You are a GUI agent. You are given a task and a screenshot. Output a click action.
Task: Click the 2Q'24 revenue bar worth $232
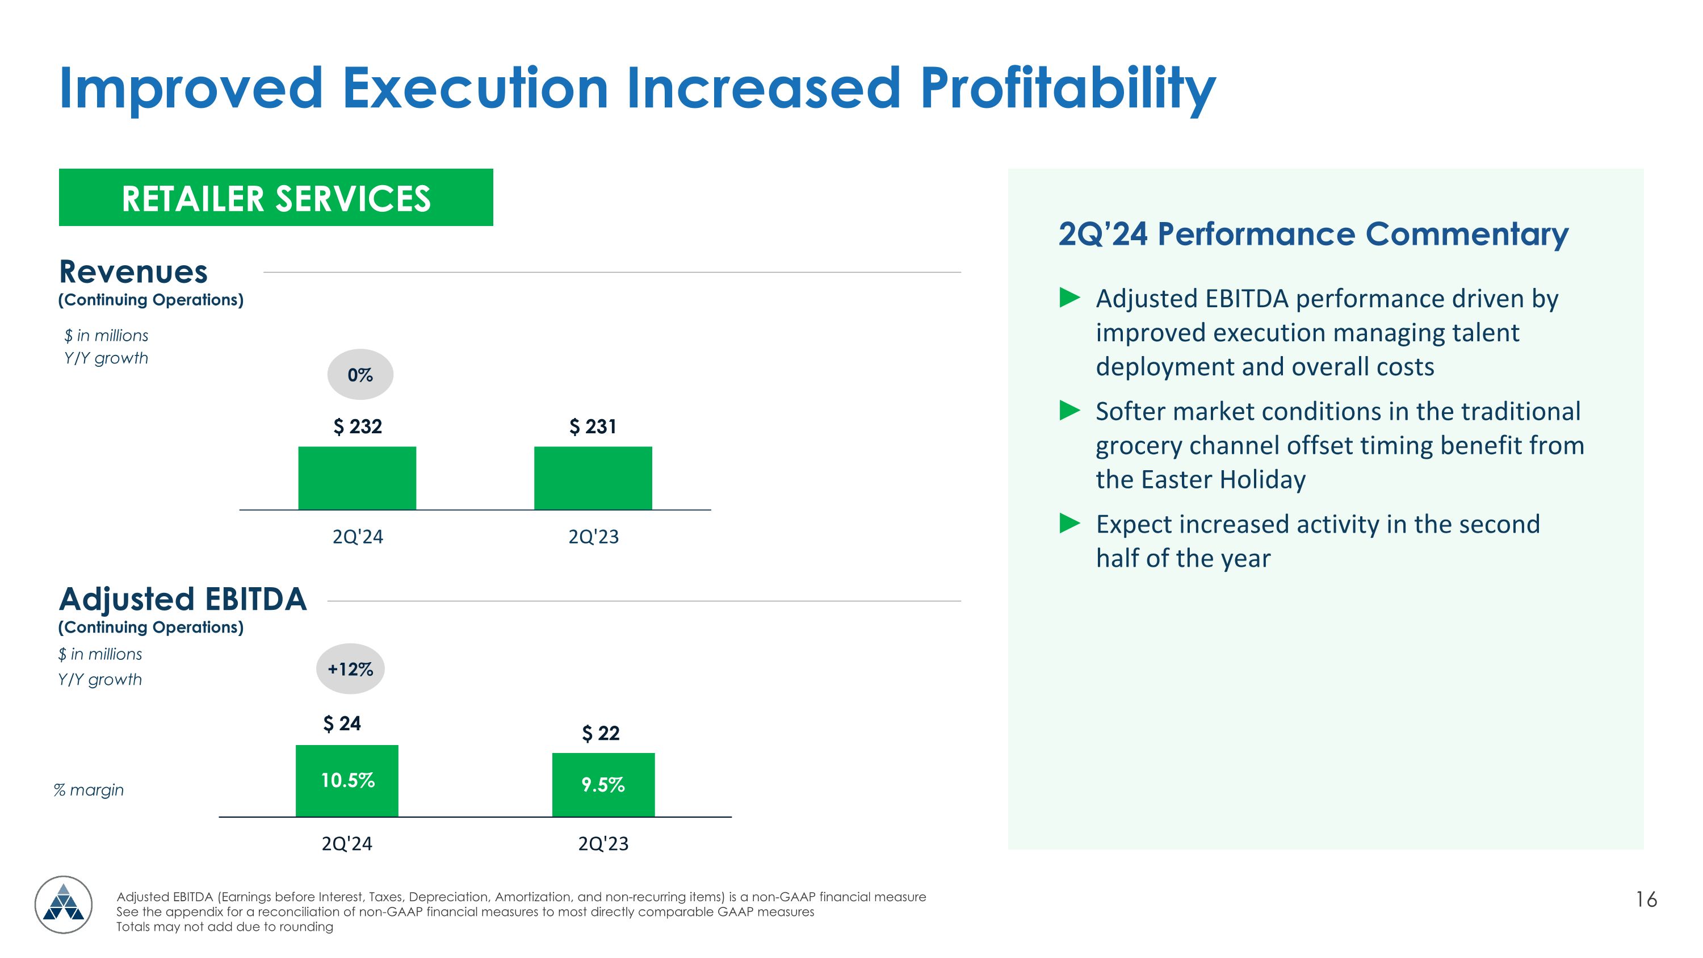coord(357,478)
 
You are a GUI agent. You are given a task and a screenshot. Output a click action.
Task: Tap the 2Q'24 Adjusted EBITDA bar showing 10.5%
coord(347,781)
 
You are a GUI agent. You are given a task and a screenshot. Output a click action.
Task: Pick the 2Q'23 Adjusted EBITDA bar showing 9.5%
coord(603,785)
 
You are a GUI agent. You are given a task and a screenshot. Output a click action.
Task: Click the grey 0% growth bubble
coord(360,375)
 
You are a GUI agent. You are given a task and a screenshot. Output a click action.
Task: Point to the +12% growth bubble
coord(350,669)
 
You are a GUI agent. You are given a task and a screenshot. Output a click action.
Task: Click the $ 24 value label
coord(342,723)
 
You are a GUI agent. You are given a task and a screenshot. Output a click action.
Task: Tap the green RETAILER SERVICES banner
coord(276,198)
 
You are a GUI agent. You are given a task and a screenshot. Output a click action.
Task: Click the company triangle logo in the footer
coord(64,905)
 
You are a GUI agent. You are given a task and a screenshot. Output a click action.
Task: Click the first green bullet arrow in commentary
coord(1069,298)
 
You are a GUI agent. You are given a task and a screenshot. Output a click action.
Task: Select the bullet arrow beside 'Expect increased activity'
coord(1069,524)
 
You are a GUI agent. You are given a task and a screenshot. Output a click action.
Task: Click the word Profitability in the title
coord(1067,89)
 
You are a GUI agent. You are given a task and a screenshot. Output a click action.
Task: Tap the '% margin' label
coord(89,790)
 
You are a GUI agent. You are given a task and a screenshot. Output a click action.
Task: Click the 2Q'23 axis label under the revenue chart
coord(593,536)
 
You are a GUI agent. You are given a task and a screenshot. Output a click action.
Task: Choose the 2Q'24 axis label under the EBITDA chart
coord(347,844)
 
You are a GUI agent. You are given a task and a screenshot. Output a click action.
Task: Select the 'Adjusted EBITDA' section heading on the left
coord(182,599)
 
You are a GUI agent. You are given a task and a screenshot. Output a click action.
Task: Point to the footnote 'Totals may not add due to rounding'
coord(225,927)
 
